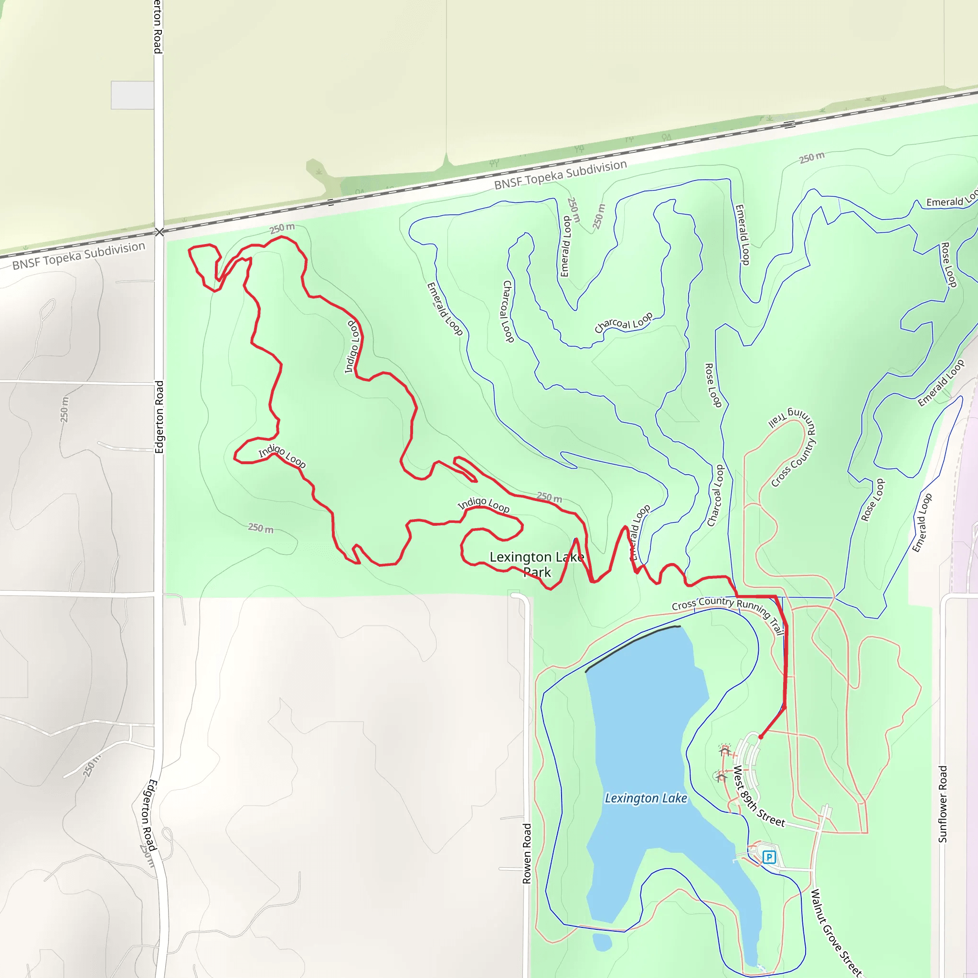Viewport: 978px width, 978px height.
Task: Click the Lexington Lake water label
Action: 646,798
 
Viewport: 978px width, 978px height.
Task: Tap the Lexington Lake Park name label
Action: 537,564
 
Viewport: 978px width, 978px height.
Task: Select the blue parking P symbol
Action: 769,857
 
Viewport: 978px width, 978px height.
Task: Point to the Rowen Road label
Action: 527,853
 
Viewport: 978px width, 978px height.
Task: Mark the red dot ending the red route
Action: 760,737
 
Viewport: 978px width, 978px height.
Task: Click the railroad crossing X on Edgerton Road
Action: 159,233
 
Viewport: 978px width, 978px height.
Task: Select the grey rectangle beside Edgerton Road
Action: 132,95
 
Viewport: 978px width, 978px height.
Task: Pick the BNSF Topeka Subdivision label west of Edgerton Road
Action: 78,255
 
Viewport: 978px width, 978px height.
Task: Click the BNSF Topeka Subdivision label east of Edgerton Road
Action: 560,175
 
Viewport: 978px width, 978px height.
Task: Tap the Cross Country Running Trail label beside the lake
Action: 728,609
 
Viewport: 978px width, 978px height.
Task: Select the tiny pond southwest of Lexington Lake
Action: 602,942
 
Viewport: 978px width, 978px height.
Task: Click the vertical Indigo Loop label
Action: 352,347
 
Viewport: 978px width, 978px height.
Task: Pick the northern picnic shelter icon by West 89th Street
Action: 724,750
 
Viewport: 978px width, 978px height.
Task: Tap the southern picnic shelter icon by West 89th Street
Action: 721,776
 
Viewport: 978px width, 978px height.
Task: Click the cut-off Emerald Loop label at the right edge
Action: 951,201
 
